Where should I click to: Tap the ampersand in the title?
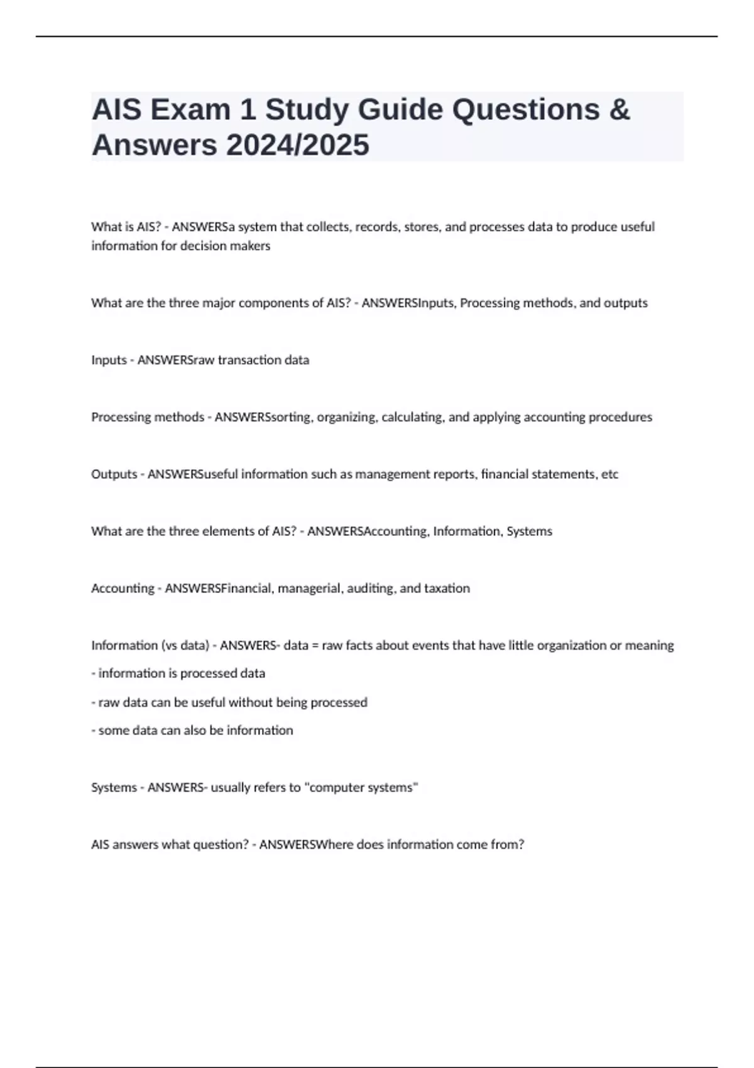619,110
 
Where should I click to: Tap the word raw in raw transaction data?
202,360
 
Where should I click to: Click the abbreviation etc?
609,474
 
